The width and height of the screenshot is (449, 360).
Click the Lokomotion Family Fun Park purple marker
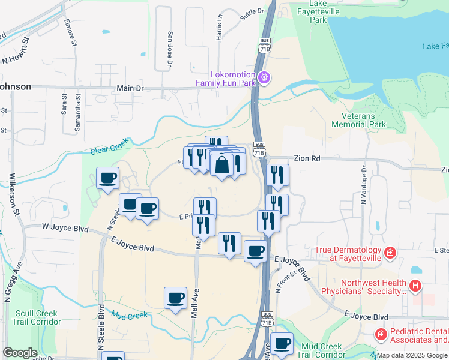click(264, 77)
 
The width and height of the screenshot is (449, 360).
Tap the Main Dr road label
click(130, 88)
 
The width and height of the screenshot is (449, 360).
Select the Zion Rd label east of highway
click(307, 159)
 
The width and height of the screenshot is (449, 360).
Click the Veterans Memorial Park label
click(363, 120)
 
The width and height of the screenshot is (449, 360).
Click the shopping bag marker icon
click(221, 164)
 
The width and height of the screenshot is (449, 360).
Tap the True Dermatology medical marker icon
click(390, 253)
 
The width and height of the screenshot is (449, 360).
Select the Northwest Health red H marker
click(415, 287)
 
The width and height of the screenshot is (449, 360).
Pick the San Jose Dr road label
click(170, 49)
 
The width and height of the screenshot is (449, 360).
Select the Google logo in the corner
click(20, 353)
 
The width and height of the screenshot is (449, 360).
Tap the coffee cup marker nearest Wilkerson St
click(108, 178)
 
